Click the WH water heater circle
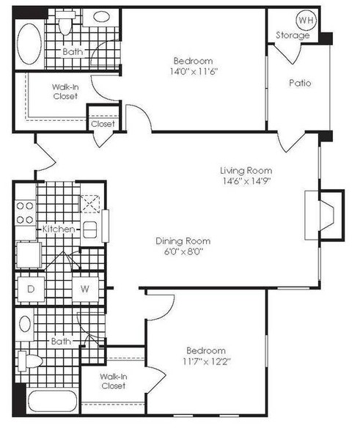[306, 21]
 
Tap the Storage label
[293, 35]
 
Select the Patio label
[300, 83]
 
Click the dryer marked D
[31, 289]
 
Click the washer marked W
[85, 289]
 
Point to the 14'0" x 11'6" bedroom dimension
[194, 72]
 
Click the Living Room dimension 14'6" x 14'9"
[247, 181]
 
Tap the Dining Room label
[183, 240]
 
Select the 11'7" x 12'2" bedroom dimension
[206, 361]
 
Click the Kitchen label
[59, 229]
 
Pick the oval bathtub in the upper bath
[29, 44]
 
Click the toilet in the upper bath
[65, 23]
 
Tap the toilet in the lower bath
[30, 361]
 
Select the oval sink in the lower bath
[25, 324]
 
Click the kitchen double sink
[89, 229]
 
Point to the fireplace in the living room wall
[325, 215]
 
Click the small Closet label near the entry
[103, 124]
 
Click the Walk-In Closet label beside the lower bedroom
[114, 381]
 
